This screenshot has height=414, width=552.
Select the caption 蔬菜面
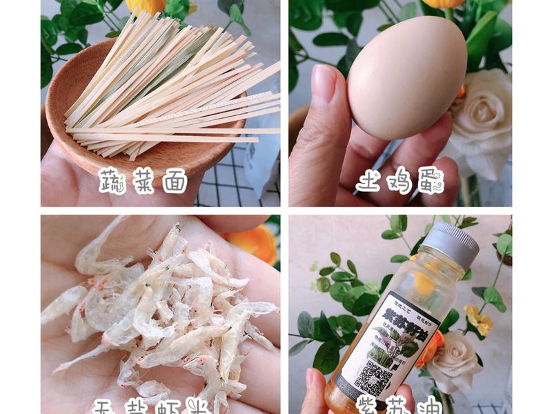144,181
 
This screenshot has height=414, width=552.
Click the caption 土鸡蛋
400,181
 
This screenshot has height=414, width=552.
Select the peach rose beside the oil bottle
452,359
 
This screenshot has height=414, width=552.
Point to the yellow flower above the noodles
145,6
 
